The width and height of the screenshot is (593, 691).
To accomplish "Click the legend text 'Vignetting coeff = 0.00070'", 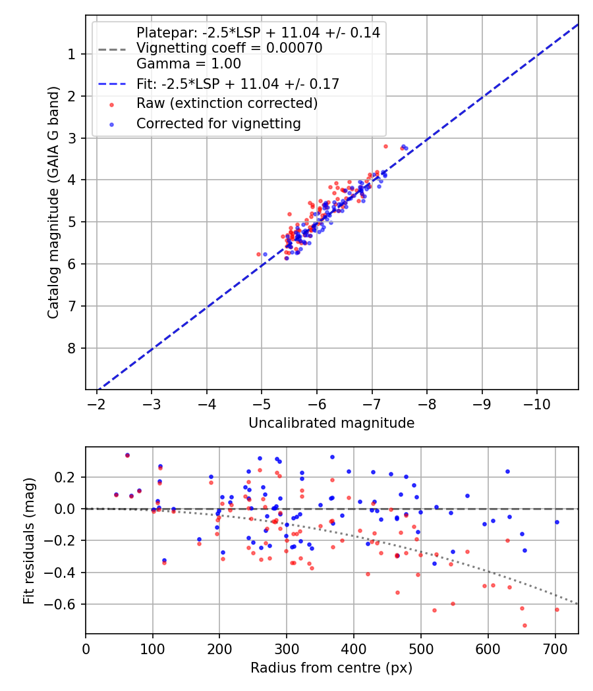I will pos(229,48).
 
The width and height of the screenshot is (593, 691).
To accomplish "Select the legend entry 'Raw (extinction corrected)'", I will pos(227,103).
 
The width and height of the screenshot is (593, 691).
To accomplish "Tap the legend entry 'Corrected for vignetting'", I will pos(218,123).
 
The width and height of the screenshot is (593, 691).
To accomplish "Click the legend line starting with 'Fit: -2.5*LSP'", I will pos(237,84).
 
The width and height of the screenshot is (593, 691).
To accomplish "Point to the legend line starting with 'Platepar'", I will pos(258,32).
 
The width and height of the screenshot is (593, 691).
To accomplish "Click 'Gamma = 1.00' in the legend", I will pos(188,64).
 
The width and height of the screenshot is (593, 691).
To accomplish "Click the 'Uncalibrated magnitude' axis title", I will pos(331,423).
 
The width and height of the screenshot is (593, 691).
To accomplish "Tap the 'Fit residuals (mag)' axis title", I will pos(28,540).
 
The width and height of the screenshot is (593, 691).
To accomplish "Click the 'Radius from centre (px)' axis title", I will pos(331,667).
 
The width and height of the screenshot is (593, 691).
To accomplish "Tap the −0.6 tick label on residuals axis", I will pos(65,604).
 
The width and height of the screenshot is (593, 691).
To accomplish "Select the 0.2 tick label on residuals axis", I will pos(69,477).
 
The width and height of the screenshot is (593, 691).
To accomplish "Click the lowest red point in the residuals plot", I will pos(524,625).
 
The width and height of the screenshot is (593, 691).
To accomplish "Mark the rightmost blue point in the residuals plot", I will pos(557,522).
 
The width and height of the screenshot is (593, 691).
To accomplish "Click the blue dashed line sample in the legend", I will pos(112,84).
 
